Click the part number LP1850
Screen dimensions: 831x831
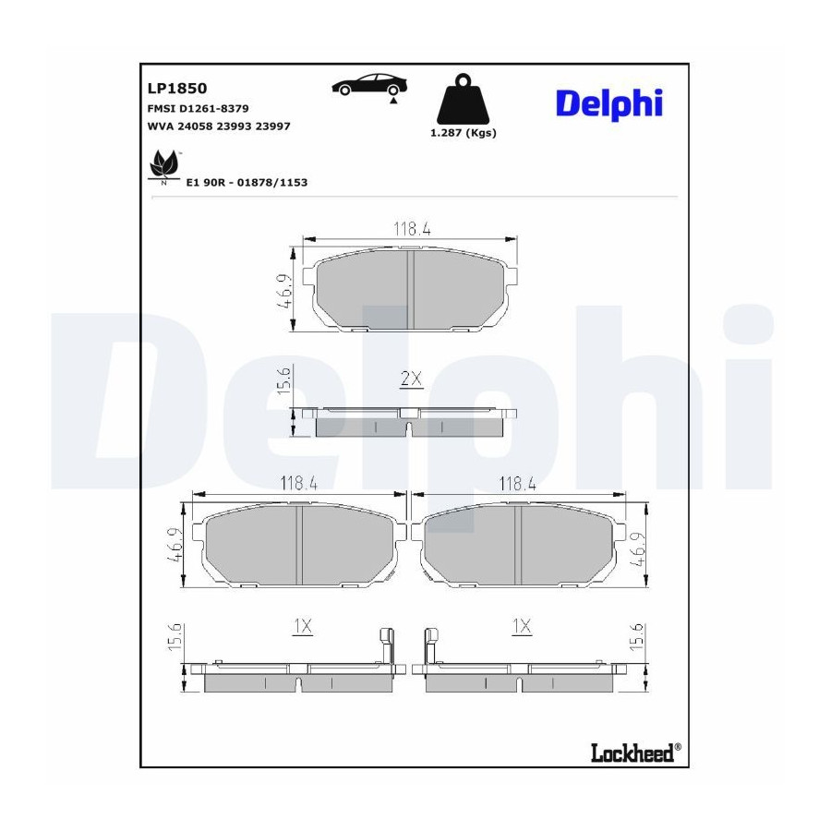tap(177, 88)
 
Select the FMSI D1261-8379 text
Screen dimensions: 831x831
tap(198, 109)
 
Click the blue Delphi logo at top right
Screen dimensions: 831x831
tap(609, 103)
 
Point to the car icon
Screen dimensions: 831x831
tap(370, 85)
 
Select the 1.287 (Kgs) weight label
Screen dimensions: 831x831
tap(464, 133)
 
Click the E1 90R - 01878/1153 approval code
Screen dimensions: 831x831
tap(247, 182)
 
